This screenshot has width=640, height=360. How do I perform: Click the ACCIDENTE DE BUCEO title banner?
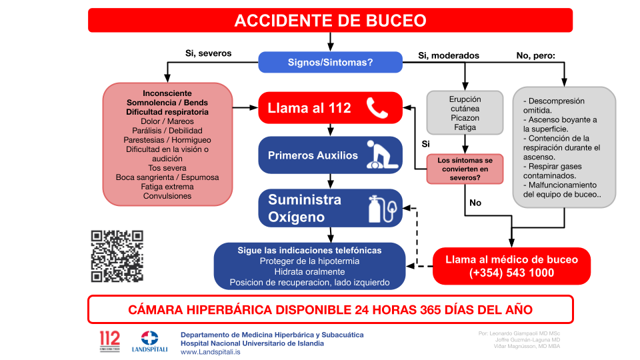(x=330, y=20)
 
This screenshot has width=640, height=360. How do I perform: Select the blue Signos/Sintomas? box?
(x=330, y=62)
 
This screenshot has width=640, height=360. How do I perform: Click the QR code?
(x=117, y=256)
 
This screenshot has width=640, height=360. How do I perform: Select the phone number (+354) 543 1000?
(x=511, y=273)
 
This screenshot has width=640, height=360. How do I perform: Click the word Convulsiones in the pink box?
(x=167, y=196)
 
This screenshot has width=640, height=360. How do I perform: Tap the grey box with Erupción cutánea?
(x=465, y=113)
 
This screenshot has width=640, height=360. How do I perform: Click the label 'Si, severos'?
(x=208, y=53)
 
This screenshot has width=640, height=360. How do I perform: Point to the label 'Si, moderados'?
(x=448, y=55)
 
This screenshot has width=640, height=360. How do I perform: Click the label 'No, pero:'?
(x=535, y=55)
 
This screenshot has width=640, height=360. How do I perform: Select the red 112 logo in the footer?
(x=109, y=340)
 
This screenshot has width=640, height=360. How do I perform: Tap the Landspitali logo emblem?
(x=149, y=337)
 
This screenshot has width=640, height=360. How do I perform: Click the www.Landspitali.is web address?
(x=211, y=352)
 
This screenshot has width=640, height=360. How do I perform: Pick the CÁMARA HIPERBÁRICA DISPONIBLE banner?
(x=330, y=309)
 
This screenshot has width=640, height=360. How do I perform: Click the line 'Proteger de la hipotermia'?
(x=309, y=261)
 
